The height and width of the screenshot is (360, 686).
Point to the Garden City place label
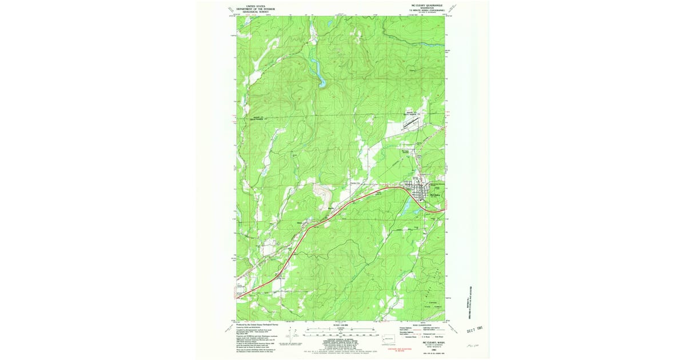click(x=357, y=183)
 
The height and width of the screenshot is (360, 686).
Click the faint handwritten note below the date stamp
click(x=472, y=346)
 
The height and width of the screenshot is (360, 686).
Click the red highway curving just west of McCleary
click(x=400, y=189)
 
